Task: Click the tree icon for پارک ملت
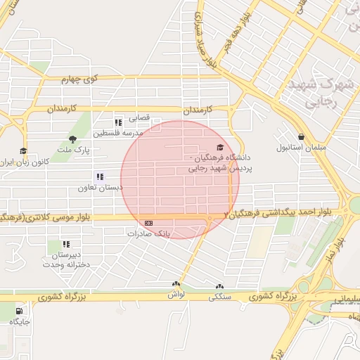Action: pyautogui.click(x=72, y=139)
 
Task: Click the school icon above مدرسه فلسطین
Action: pyautogui.click(x=118, y=122)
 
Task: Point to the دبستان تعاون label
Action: pyautogui.click(x=100, y=188)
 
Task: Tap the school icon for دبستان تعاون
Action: pyautogui.click(x=100, y=177)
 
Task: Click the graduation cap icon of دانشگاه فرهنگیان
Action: pyautogui.click(x=220, y=147)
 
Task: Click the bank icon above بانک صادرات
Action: pyautogui.click(x=148, y=223)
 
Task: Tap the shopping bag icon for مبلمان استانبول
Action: pyautogui.click(x=302, y=137)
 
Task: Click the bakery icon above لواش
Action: pyautogui.click(x=176, y=285)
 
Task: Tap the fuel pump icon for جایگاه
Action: pyautogui.click(x=18, y=310)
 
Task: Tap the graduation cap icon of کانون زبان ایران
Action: pyautogui.click(x=23, y=150)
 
